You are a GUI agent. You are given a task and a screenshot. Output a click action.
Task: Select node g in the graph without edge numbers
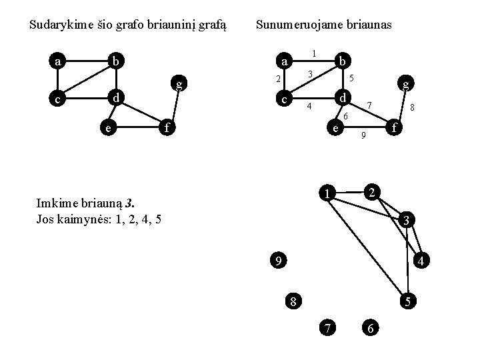tap(179, 84)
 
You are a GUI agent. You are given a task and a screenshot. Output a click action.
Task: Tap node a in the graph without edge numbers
tap(58, 62)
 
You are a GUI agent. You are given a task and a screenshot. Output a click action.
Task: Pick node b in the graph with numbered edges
tap(341, 61)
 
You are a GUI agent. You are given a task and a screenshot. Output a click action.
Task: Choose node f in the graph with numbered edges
tap(395, 126)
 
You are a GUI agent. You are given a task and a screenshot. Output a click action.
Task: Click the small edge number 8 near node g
tap(413, 107)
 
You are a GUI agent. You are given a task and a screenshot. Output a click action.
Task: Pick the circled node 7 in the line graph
tap(327, 327)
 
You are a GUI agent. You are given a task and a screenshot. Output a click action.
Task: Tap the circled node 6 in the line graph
tap(371, 327)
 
